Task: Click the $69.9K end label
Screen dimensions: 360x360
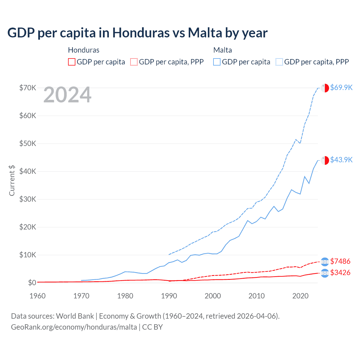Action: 341,87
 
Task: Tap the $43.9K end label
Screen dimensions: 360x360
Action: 341,160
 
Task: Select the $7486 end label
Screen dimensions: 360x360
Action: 340,261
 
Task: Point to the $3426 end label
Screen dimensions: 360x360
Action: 340,273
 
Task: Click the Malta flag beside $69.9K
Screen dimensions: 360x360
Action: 325,88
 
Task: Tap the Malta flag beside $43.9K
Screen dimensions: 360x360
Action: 325,160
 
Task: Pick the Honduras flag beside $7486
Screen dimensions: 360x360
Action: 325,262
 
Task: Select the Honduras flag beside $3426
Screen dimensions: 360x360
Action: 325,273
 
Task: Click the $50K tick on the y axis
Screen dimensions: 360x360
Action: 28,143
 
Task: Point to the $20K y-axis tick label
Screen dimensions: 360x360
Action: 28,227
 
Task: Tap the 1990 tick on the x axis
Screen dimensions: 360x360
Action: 169,296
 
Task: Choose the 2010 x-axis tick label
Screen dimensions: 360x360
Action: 256,296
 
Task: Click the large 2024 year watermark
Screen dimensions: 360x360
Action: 67,95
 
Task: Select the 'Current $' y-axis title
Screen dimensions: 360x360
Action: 12,180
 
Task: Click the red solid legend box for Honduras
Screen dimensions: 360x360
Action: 72,62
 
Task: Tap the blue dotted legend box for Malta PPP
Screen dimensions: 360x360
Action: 279,62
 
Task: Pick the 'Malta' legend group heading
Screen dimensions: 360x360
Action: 222,50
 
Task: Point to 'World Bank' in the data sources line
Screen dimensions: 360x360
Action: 75,316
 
